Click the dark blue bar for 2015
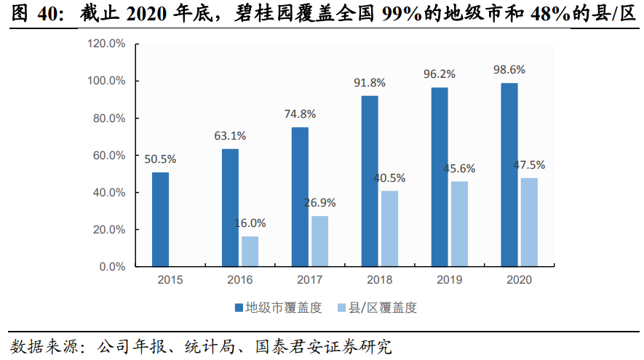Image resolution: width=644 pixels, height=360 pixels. (160, 219)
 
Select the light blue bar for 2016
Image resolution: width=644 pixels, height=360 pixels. (250, 251)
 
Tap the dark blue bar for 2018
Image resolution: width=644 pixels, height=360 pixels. (370, 181)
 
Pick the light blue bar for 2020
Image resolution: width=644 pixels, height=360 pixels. (529, 222)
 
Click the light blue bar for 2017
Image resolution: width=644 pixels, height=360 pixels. (319, 241)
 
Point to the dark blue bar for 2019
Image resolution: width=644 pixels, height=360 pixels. (440, 177)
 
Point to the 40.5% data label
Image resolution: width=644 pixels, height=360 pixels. (389, 177)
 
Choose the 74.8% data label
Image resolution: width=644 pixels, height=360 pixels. (300, 113)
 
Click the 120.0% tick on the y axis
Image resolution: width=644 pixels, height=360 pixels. (107, 44)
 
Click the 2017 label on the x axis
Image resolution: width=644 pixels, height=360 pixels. (309, 280)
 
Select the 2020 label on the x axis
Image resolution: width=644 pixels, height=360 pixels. (519, 280)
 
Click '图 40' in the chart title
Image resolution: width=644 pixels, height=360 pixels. (30, 13)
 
